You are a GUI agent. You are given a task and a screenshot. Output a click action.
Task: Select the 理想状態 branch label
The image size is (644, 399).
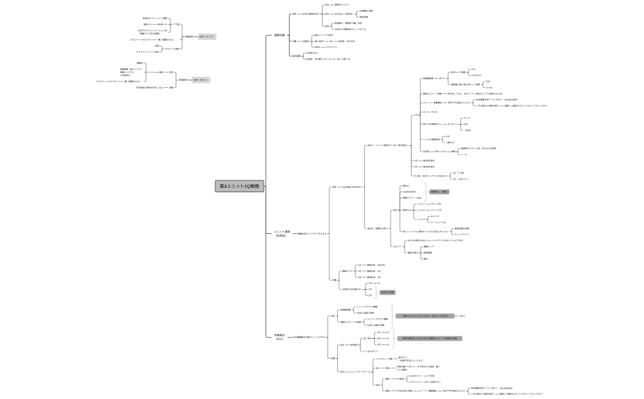(x=279, y=35)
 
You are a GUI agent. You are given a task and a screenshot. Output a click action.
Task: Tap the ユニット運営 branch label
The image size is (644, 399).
(x=282, y=233)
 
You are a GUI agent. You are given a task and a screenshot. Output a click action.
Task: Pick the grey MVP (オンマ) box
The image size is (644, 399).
(x=206, y=37)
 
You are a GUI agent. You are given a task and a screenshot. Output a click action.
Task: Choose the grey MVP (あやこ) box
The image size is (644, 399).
(x=201, y=80)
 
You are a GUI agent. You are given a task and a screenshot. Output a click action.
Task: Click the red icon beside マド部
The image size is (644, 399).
(x=454, y=173)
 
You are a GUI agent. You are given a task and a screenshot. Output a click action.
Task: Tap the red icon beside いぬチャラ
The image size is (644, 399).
(x=454, y=179)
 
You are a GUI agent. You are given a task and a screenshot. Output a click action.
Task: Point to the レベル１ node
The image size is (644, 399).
(x=421, y=203)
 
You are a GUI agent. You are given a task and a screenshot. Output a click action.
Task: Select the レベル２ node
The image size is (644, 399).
(x=421, y=210)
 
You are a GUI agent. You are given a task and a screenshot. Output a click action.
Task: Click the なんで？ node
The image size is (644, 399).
(x=396, y=246)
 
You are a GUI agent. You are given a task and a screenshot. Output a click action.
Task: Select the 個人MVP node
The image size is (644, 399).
(x=318, y=41)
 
